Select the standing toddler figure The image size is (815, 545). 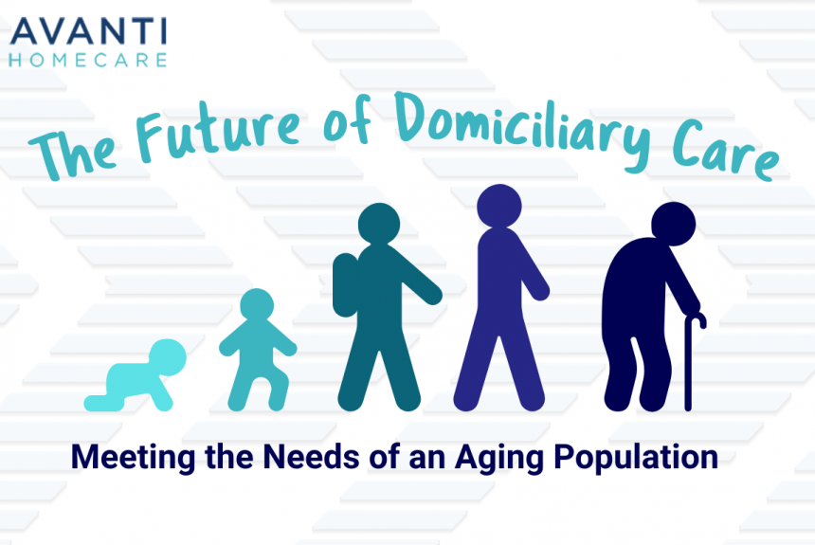(x=257, y=351)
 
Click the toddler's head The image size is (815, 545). (x=257, y=309)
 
